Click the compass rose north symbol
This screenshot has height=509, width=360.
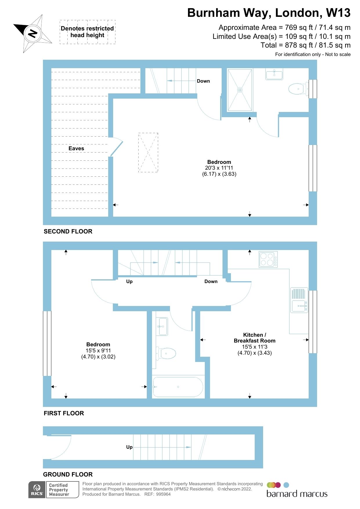(x=32, y=33)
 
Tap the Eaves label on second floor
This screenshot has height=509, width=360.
(x=76, y=148)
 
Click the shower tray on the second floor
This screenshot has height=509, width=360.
(x=240, y=90)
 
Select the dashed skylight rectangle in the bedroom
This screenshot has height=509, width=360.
(x=148, y=153)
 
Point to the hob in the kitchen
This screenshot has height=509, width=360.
(x=268, y=259)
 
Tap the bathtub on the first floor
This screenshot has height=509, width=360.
(x=178, y=387)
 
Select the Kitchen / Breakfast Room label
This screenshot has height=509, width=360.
(x=254, y=338)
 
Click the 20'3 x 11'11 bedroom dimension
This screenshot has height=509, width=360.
(x=219, y=168)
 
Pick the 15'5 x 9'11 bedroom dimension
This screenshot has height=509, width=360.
(x=98, y=350)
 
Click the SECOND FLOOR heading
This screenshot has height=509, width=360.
(x=68, y=231)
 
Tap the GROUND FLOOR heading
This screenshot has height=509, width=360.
(x=68, y=474)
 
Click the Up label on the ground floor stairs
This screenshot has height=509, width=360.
(x=129, y=447)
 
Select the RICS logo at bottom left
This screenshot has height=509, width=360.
(x=37, y=490)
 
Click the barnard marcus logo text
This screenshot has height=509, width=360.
(x=297, y=494)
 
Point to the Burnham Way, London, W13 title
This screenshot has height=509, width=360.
(x=269, y=13)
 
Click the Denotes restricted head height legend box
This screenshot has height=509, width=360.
(x=87, y=32)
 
